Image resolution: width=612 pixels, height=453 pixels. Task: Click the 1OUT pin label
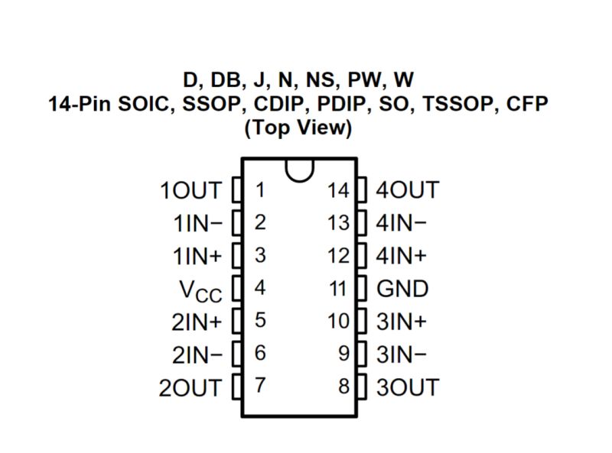(190, 190)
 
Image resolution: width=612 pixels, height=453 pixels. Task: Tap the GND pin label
(403, 289)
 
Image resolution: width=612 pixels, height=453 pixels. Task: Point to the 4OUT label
(408, 190)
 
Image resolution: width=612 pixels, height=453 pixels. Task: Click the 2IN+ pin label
(197, 322)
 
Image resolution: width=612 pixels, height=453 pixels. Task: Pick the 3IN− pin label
(402, 354)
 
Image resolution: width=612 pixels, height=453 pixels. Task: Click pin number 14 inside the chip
(338, 190)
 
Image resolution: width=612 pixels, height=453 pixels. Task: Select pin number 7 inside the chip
(260, 386)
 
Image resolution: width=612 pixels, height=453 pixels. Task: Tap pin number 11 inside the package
(338, 289)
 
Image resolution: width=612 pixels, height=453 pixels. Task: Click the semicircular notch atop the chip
(299, 169)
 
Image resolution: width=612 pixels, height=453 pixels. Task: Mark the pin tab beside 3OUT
(362, 386)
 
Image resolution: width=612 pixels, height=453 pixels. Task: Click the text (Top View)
(298, 128)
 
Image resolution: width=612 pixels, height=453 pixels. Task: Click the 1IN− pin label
(197, 223)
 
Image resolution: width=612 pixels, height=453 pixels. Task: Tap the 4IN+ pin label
(402, 256)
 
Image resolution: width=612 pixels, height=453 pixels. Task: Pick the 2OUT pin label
(190, 387)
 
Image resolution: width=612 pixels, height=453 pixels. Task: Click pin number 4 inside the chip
(260, 289)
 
